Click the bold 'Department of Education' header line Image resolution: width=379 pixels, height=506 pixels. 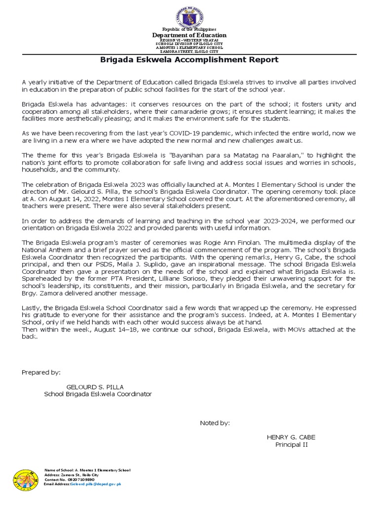coord(189,35)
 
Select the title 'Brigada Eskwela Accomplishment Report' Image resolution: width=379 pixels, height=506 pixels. coord(189,60)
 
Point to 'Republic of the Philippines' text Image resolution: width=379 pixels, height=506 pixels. coord(189,30)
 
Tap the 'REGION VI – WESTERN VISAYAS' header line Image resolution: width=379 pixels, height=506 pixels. coord(189,40)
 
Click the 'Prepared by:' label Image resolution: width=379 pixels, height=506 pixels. coord(41,372)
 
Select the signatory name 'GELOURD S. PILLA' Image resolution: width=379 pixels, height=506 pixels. coord(95,386)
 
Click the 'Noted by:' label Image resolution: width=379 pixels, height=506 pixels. coord(215,423)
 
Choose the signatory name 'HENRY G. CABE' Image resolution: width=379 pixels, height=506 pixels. coord(291,437)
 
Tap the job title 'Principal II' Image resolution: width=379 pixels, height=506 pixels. coord(291,445)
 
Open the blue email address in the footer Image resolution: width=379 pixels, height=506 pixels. coord(96,485)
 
